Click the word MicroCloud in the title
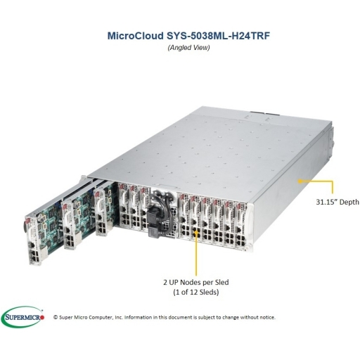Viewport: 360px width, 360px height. (136, 36)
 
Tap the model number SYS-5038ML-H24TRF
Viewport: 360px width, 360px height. (218, 36)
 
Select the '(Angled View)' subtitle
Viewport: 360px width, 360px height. (188, 48)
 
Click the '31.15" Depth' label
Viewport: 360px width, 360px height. (337, 202)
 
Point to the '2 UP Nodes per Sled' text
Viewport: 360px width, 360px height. (196, 282)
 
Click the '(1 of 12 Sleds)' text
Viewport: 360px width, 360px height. (196, 292)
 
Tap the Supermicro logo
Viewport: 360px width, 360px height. (22, 317)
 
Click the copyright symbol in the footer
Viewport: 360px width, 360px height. (56, 317)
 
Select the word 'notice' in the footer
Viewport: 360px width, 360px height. (268, 317)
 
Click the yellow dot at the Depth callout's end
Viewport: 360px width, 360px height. (300, 181)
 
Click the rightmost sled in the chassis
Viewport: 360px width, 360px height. (241, 225)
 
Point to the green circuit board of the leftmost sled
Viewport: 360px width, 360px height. (51, 225)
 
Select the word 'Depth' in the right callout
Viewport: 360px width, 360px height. (349, 202)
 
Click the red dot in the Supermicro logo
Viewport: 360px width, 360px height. (42, 318)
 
